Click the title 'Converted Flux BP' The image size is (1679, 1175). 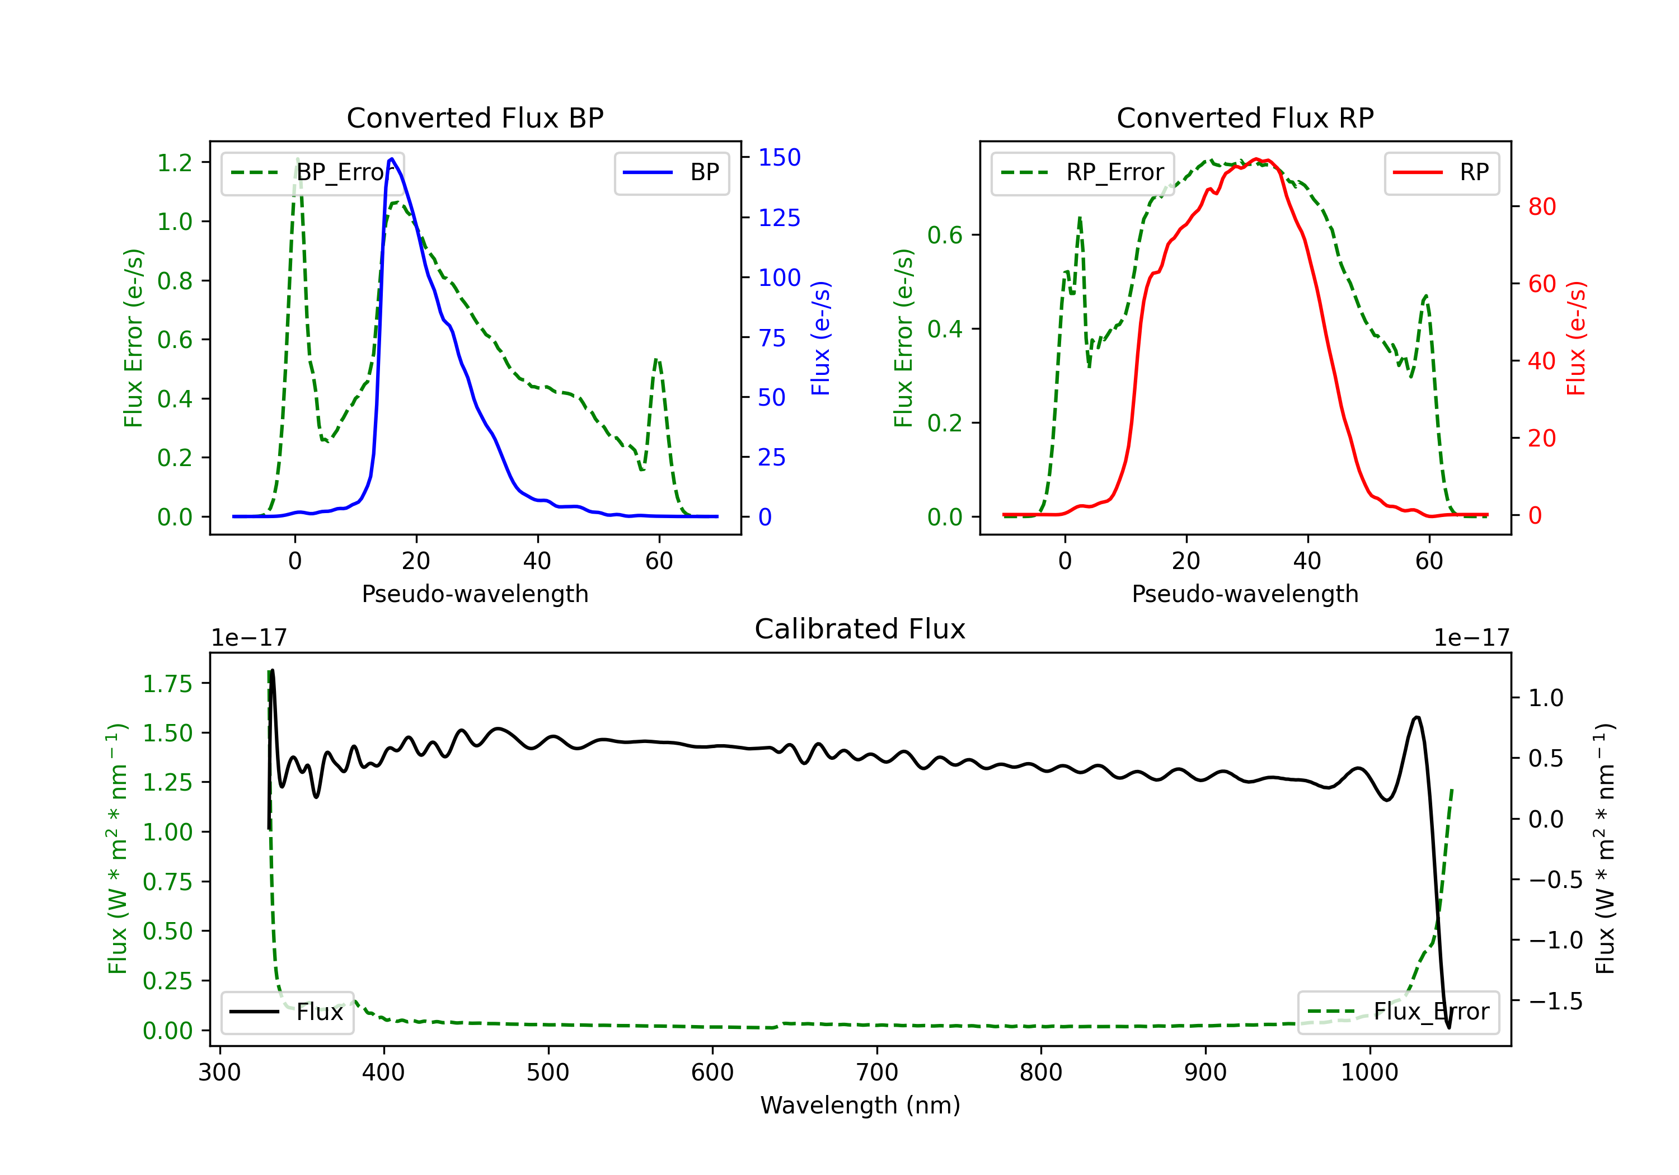coord(475,117)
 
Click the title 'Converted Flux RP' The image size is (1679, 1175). coord(1245,117)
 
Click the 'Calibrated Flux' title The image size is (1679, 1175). coord(860,629)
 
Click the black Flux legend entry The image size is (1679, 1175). coord(287,1012)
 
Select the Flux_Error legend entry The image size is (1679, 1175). coord(1398,1012)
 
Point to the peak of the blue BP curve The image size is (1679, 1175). coord(392,159)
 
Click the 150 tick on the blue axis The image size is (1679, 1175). coord(780,157)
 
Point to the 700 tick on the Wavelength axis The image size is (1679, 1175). coord(877,1073)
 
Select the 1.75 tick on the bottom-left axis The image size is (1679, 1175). coord(167,684)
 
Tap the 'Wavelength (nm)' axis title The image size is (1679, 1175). coord(860,1106)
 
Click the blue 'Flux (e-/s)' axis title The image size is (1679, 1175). coord(820,338)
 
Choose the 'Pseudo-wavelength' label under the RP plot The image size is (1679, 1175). coord(1245,594)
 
